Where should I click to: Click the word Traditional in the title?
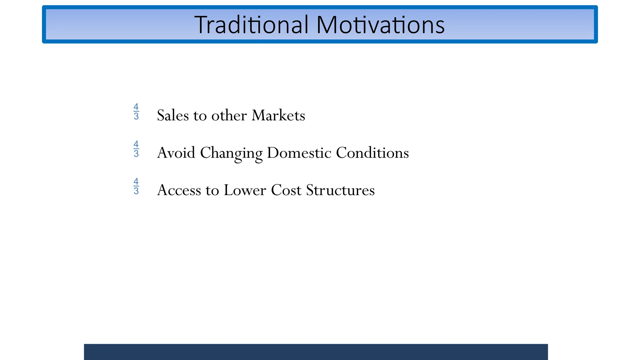point(251,25)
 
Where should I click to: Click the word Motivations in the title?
point(380,25)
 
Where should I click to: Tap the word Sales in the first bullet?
point(173,116)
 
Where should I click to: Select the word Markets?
point(278,116)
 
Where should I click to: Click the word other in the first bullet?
point(229,116)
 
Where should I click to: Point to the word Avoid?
point(176,153)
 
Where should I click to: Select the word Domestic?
point(299,153)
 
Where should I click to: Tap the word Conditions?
point(372,153)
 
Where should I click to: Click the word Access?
point(179,191)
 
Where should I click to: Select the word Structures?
point(340,191)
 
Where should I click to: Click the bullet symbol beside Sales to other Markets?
point(136,112)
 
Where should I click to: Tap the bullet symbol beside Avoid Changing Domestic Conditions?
point(136,149)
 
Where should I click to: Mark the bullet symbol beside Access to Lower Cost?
point(136,186)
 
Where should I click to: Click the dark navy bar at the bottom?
point(316,352)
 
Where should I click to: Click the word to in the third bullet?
point(212,191)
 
